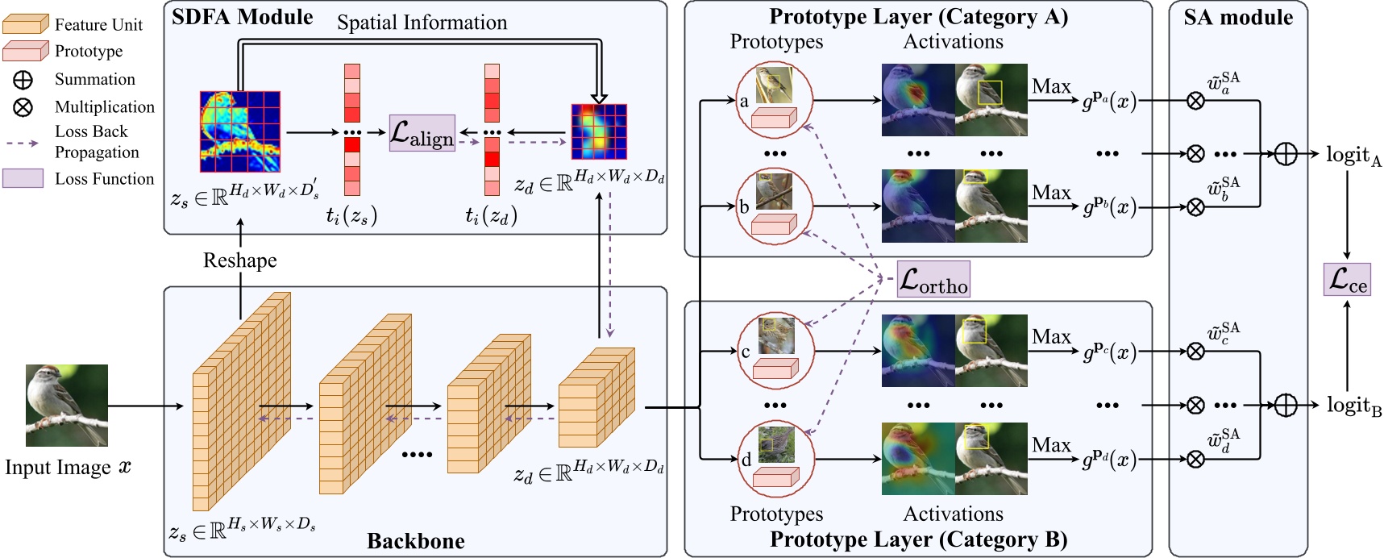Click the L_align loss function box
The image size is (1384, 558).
pos(422,133)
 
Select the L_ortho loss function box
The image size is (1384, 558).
pos(933,279)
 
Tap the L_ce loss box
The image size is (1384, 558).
pos(1347,279)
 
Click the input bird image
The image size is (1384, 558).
pos(67,406)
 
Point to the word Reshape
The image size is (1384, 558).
pos(239,260)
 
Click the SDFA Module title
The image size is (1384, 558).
pos(243,17)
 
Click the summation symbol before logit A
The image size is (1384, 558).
pos(1285,153)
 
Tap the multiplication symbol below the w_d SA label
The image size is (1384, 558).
pos(1196,459)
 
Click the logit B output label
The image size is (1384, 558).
pos(1353,406)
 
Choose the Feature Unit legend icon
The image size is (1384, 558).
pos(26,24)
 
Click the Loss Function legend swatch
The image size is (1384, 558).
pos(23,178)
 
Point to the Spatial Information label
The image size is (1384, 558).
pos(422,23)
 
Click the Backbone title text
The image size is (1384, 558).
pos(415,540)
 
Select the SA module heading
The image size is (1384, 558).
pos(1238,17)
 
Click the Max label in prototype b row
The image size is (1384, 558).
pos(1051,193)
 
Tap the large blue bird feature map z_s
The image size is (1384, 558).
pos(239,131)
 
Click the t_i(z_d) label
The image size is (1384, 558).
pos(491,215)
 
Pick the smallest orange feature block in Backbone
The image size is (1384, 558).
pos(596,398)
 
